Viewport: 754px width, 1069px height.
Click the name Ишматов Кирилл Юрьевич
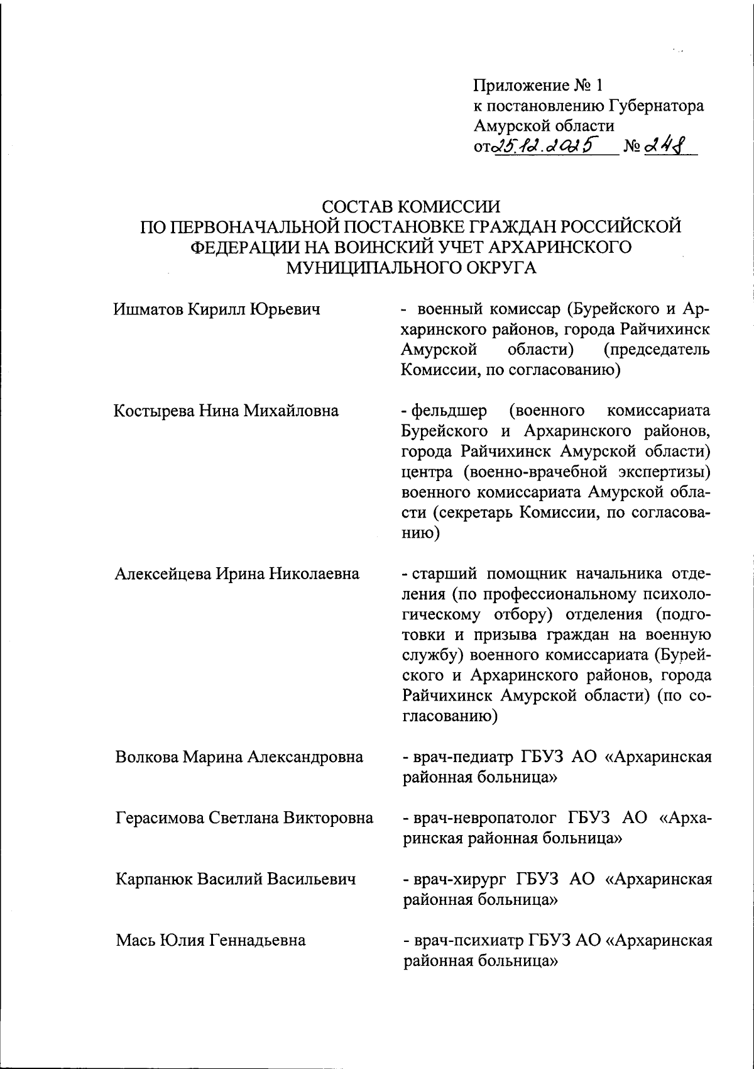click(217, 309)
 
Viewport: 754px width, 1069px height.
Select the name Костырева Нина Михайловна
click(226, 411)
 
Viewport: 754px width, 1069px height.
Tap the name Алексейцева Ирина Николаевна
click(237, 573)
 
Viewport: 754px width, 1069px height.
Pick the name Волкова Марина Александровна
click(239, 756)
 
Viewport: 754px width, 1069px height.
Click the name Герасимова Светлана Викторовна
click(244, 817)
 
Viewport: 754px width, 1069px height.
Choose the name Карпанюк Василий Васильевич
click(235, 878)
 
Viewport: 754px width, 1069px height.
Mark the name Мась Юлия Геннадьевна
click(210, 940)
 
